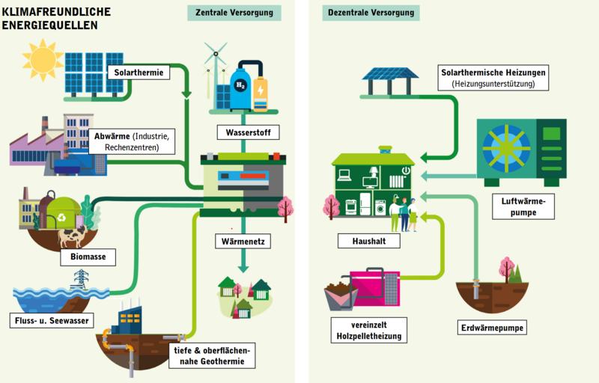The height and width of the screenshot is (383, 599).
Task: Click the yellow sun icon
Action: [x=43, y=60]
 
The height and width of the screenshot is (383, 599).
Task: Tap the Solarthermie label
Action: [x=139, y=73]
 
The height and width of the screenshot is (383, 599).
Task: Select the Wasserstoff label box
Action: [x=249, y=132]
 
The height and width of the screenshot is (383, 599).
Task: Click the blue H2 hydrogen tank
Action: [x=240, y=88]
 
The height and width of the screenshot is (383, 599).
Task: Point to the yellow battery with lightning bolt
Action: [x=261, y=94]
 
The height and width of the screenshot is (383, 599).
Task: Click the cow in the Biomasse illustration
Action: [x=72, y=236]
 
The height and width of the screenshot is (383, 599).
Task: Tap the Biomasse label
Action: [x=88, y=257]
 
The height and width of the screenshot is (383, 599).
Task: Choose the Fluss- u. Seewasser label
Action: [x=52, y=320]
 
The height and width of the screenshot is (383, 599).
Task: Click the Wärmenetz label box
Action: [x=243, y=242]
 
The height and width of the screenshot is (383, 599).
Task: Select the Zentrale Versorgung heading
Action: [x=234, y=13]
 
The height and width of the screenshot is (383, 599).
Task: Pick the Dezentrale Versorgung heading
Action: [x=371, y=13]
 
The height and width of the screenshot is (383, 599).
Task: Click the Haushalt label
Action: [x=369, y=241]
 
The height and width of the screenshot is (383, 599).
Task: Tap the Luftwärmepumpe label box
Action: [x=523, y=206]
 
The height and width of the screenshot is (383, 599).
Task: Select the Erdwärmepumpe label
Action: [x=492, y=328]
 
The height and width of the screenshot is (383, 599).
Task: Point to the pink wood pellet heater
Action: [x=374, y=288]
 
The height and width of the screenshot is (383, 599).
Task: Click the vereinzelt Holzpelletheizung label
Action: [x=369, y=331]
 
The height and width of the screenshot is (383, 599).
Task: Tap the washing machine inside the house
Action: [x=380, y=208]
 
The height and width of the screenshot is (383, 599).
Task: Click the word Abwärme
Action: [x=112, y=136]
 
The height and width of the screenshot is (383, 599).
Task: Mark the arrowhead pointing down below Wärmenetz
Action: [x=243, y=269]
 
